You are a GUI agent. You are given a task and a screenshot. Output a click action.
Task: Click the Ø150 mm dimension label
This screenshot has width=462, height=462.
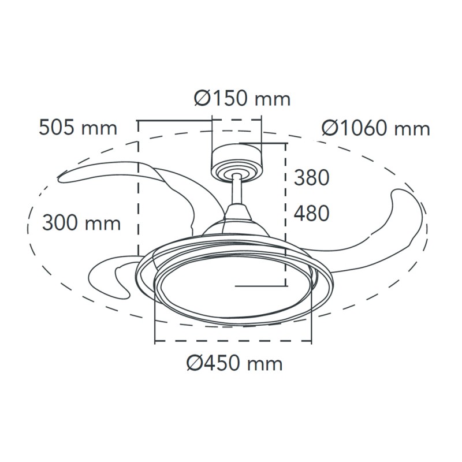242,99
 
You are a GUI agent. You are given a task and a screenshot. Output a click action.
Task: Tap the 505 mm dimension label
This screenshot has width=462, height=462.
78,128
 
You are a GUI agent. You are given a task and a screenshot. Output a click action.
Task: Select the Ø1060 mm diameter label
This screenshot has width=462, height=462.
376,128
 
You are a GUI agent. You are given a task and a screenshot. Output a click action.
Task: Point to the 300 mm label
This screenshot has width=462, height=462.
81,223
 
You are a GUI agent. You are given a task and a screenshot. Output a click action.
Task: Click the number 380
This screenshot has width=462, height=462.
311,178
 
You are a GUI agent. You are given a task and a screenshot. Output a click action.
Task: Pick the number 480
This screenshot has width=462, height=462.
311,213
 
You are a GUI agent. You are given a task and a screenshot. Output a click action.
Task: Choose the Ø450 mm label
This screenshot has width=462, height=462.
234,363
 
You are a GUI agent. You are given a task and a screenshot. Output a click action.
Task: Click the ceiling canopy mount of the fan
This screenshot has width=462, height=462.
237,163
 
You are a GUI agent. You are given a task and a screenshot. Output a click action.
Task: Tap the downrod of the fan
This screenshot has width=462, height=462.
237,190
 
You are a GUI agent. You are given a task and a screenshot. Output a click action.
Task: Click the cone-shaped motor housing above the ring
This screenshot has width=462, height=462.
237,221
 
